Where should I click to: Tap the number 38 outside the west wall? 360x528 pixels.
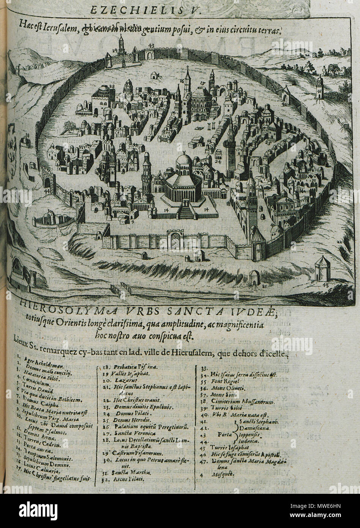[27, 135]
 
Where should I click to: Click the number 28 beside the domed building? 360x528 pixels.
[112, 87]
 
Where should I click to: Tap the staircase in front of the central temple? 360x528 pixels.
[186, 211]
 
